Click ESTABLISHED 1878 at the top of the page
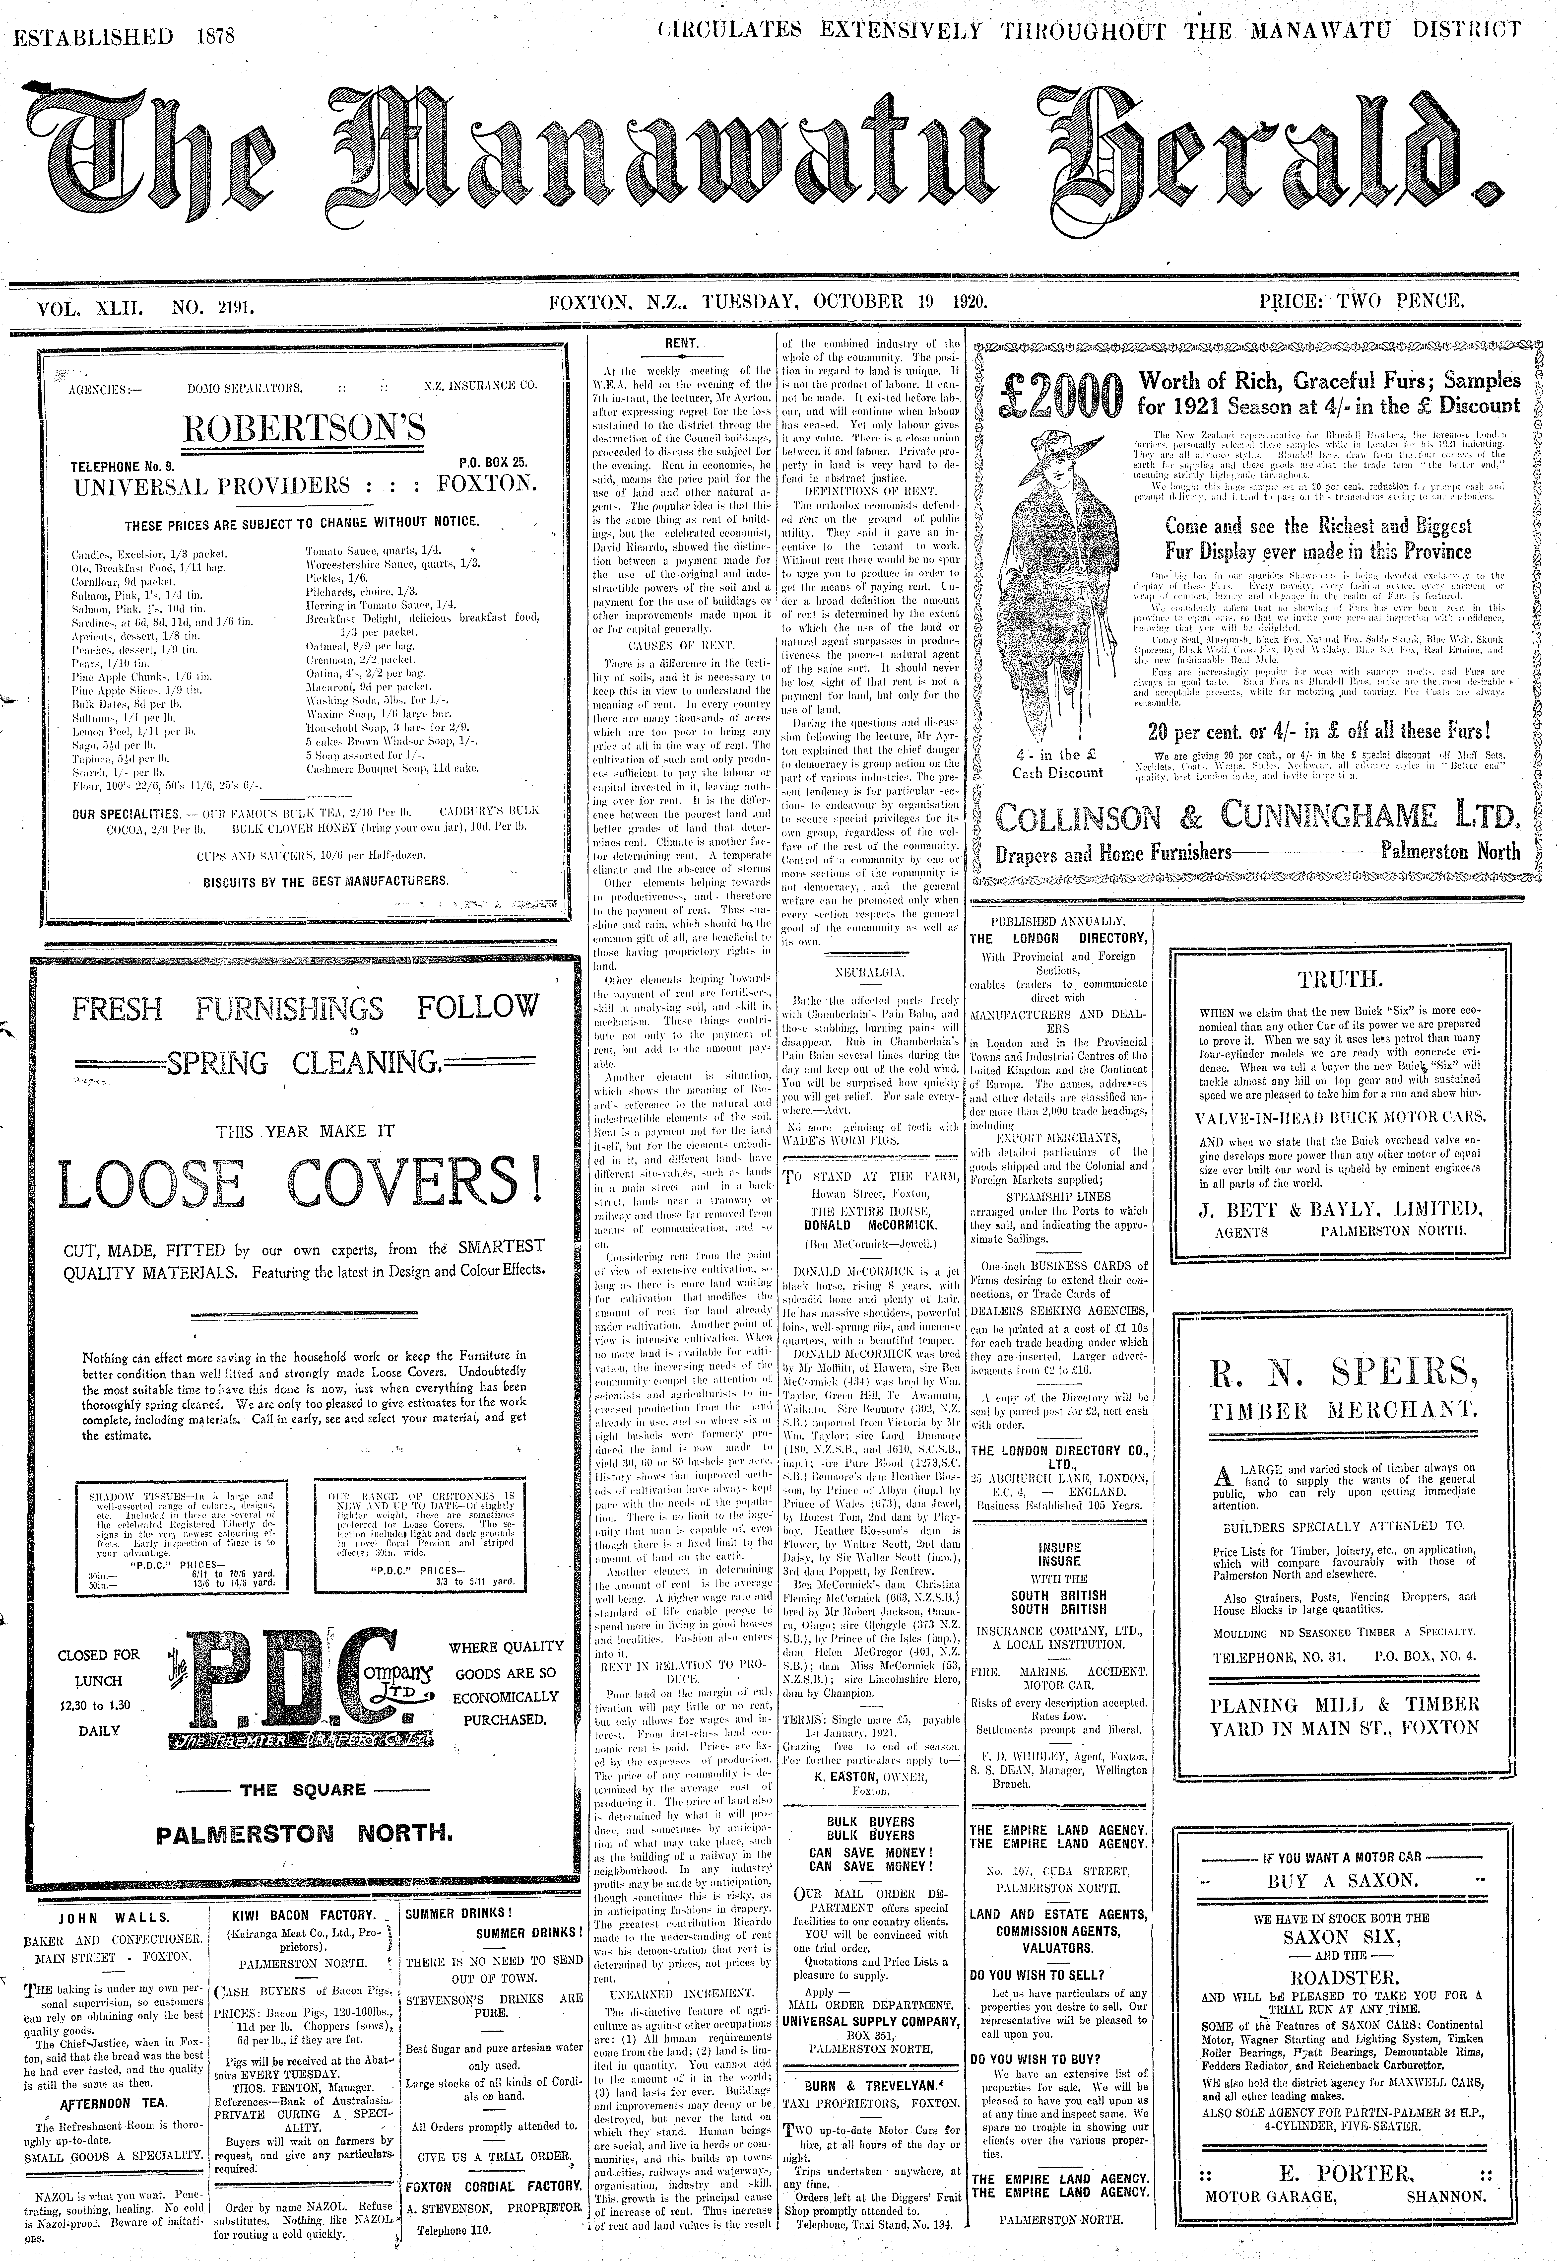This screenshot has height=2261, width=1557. [x=126, y=37]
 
